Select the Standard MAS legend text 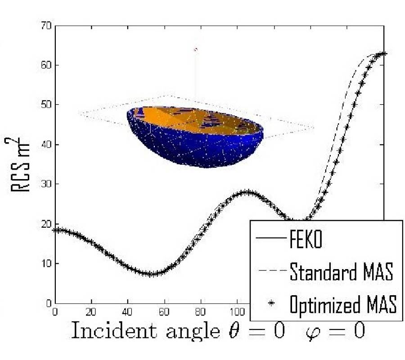point(341,272)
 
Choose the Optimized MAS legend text point(343,305)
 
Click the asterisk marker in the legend point(271,304)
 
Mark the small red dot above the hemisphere point(195,49)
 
